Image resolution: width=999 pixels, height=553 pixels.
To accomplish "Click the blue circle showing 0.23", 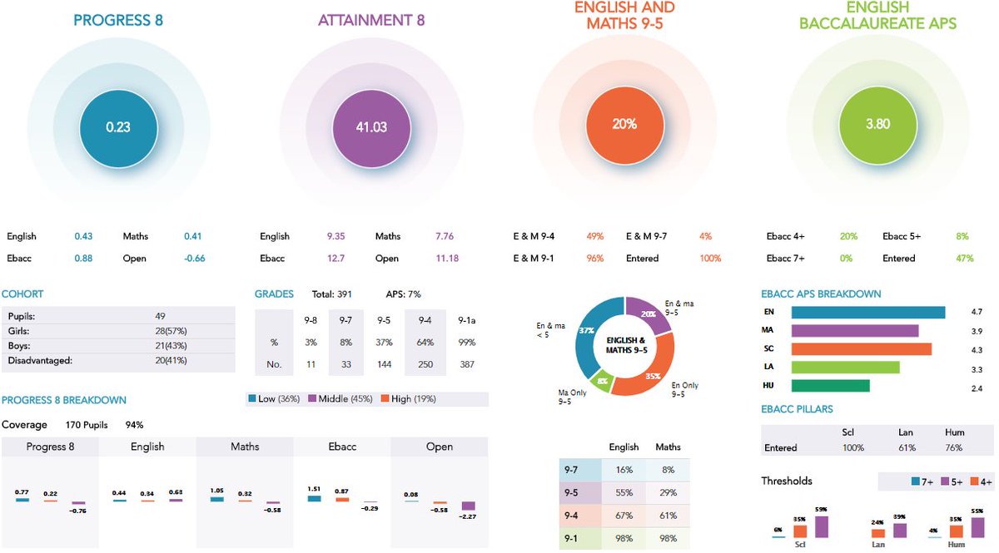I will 117,126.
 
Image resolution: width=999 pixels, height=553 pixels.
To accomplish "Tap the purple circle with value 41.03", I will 370,126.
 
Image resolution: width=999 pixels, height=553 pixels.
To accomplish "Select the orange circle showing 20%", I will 624,124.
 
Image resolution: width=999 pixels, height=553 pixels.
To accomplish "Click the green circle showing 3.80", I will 877,124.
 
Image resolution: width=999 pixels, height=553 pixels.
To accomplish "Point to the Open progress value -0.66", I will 192,259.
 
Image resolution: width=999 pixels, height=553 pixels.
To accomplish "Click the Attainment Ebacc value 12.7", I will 335,259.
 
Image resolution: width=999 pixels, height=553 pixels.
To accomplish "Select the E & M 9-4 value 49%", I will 594,237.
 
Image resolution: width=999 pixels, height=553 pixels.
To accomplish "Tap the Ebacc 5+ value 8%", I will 962,237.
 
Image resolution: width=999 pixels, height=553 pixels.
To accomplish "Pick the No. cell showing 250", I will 425,364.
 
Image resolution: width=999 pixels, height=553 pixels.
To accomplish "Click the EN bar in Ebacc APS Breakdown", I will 867,313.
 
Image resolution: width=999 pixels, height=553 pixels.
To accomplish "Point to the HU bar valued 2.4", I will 830,386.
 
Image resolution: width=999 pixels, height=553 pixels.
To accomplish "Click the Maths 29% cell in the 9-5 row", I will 668,492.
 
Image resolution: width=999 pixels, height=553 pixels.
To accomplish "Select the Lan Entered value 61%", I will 907,448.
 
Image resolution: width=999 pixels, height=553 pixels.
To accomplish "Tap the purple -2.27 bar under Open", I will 468,506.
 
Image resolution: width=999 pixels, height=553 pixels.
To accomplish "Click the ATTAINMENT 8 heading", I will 370,20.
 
